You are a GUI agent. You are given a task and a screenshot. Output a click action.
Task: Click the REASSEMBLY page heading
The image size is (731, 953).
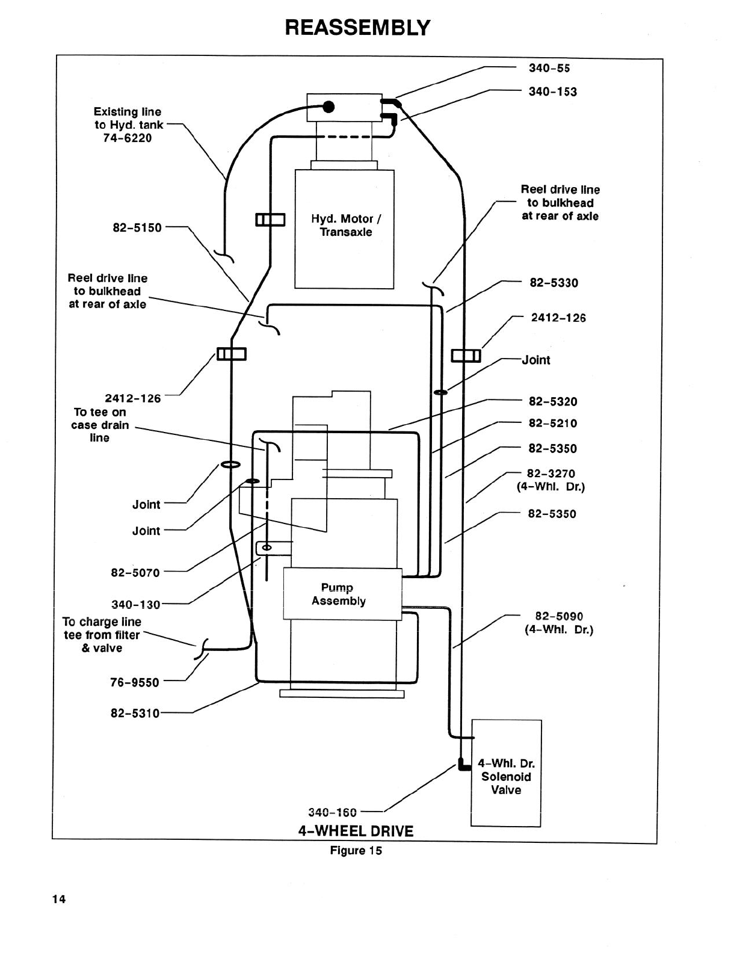tap(357, 27)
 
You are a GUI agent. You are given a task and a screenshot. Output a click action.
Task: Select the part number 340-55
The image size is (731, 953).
tap(549, 68)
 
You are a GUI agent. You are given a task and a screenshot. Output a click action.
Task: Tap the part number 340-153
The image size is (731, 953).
tap(552, 92)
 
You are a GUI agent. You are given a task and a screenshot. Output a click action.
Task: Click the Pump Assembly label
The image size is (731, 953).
tap(339, 594)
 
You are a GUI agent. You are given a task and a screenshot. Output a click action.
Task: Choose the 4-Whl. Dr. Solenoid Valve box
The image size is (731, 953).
tap(506, 773)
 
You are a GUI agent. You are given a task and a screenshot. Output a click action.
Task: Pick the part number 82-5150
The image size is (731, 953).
tap(137, 228)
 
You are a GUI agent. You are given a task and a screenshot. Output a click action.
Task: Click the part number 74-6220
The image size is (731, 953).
tap(128, 138)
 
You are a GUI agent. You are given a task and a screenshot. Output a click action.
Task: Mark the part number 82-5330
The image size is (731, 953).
tap(554, 283)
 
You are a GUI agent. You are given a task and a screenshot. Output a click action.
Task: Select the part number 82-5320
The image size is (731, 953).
tap(552, 402)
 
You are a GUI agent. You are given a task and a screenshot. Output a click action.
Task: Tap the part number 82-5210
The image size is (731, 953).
tap(552, 424)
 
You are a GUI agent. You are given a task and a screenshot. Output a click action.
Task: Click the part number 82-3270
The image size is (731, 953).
tap(551, 473)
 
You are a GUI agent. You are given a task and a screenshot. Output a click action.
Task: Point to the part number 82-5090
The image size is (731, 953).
tap(559, 617)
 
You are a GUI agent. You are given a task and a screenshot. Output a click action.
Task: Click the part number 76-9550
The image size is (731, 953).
tap(135, 682)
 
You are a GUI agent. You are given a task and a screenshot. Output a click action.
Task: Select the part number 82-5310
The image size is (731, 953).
tap(135, 714)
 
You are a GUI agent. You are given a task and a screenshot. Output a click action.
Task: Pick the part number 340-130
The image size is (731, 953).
tap(135, 605)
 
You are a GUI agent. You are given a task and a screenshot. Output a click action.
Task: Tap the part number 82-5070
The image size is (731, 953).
tap(135, 573)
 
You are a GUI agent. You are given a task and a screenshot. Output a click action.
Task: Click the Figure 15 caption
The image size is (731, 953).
tap(356, 851)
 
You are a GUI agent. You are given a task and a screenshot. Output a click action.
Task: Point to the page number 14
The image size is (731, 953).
tap(58, 900)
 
